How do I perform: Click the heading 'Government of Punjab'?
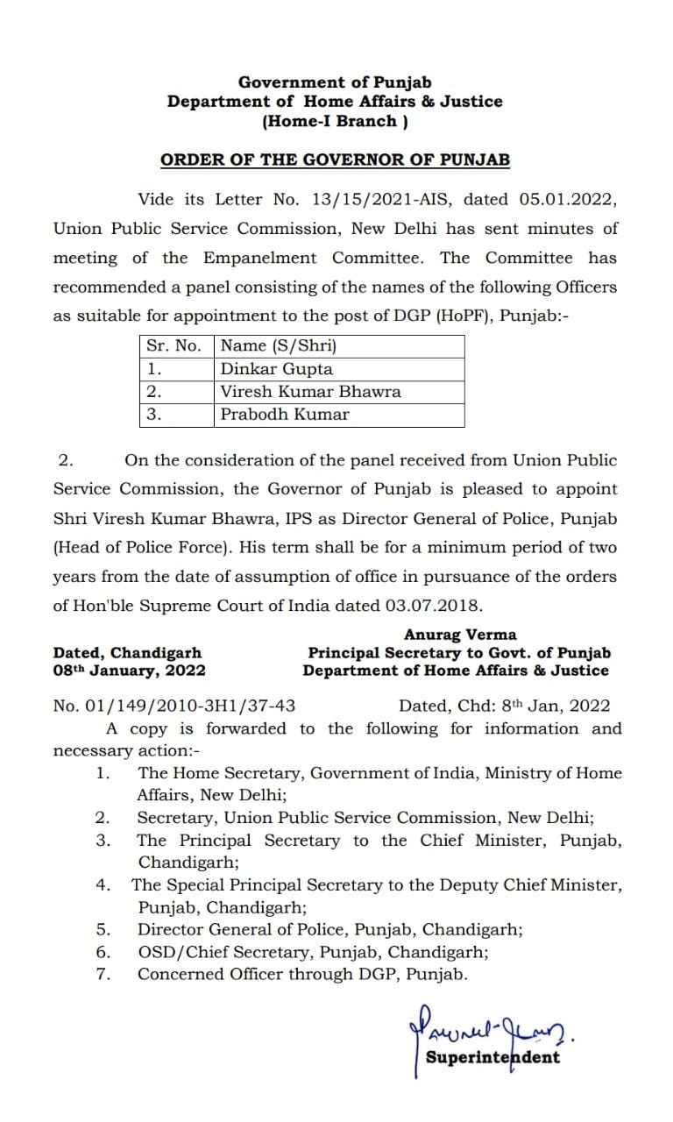pos(335,82)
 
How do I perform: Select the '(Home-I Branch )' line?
pos(335,122)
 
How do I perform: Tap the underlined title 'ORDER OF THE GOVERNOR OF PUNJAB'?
pos(335,160)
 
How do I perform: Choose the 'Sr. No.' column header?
pos(174,345)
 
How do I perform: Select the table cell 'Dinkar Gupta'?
pos(277,369)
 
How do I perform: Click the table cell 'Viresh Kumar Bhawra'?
pos(310,392)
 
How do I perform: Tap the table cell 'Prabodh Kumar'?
pos(285,415)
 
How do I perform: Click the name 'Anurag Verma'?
pos(460,635)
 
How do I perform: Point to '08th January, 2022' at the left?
pos(130,671)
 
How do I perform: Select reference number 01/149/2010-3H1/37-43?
pos(174,706)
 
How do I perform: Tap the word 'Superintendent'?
pos(492,1056)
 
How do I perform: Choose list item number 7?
pos(103,974)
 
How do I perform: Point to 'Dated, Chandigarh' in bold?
pos(127,653)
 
